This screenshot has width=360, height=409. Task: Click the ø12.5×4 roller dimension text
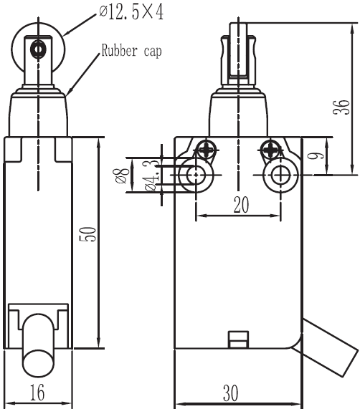click(x=131, y=12)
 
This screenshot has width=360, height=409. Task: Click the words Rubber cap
click(x=131, y=50)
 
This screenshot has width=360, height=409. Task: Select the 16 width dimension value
click(x=37, y=392)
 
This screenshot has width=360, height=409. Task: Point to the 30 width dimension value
click(x=230, y=393)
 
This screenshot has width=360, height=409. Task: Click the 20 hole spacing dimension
click(x=241, y=205)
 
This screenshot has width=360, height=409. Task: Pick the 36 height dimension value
click(x=341, y=107)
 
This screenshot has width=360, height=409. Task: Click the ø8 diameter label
click(x=120, y=175)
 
